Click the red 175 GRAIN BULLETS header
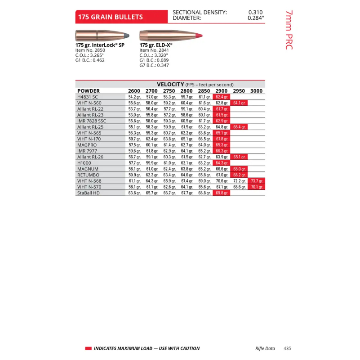[110, 17]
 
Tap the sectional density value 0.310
[255, 13]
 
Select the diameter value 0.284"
[256, 18]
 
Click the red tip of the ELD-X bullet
[198, 36]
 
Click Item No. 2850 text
[90, 50]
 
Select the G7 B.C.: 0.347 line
[154, 65]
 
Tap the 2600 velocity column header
[134, 91]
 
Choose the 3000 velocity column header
[256, 91]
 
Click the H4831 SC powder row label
[88, 97]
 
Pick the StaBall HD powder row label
[89, 193]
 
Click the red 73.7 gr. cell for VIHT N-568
[257, 181]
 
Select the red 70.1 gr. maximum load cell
[257, 187]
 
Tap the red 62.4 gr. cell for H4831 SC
[222, 97]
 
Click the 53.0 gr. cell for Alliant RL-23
[134, 115]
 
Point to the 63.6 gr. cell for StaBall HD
[134, 193]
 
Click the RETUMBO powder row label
[88, 175]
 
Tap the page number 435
[288, 348]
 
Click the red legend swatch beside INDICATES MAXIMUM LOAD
[88, 348]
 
